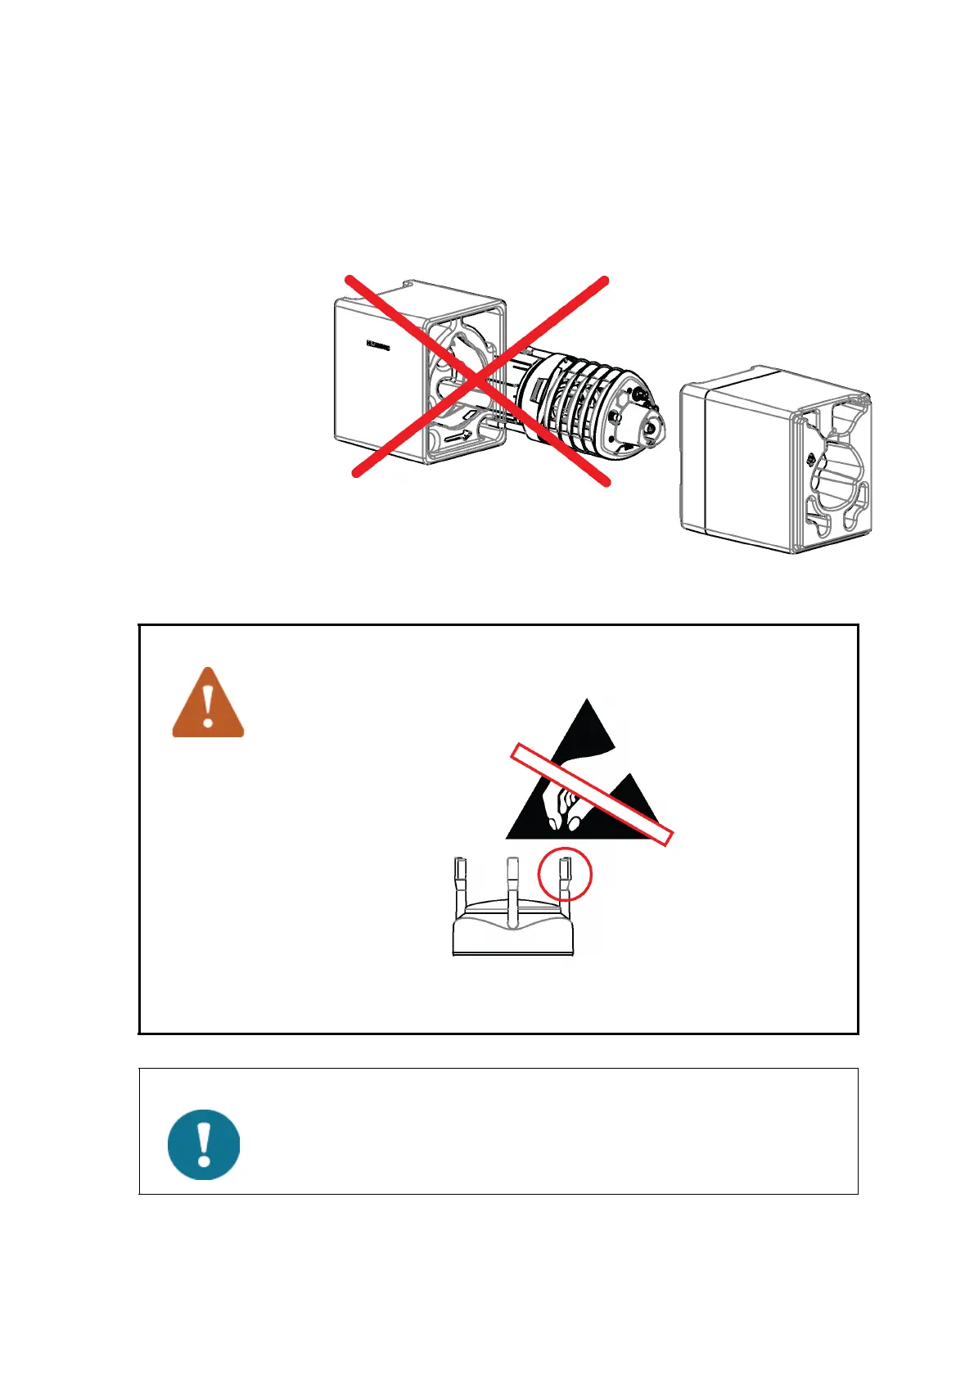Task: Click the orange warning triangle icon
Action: (208, 705)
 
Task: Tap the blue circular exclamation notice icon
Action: (204, 1144)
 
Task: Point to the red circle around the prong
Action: (564, 874)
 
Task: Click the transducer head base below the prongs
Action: (513, 933)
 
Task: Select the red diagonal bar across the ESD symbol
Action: (591, 794)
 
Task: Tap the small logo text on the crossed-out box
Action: (377, 345)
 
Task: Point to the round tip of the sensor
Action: (650, 426)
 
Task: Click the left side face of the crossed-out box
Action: (377, 376)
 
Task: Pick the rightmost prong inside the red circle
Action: (564, 874)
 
